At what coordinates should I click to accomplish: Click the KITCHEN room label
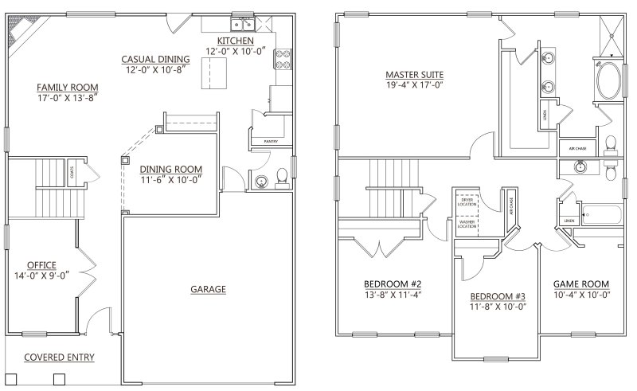[235, 41]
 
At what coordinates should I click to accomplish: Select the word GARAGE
[209, 289]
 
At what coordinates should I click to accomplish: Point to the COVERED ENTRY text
[59, 358]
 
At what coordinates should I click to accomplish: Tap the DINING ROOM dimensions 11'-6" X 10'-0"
[170, 180]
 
